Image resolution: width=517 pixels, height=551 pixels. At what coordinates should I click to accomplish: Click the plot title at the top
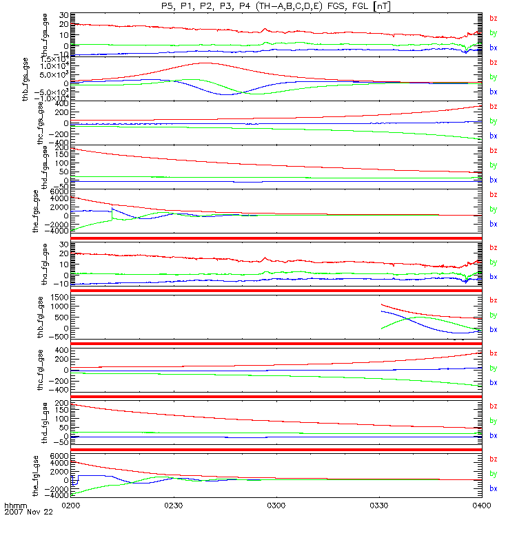tap(276, 6)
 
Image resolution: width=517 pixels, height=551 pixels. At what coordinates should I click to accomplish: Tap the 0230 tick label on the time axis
tap(174, 505)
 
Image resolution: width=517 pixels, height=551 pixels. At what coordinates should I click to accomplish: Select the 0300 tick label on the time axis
tap(276, 505)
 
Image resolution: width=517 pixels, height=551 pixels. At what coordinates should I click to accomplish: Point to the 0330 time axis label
tap(379, 505)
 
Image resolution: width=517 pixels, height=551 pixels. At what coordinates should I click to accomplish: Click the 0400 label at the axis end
tap(480, 505)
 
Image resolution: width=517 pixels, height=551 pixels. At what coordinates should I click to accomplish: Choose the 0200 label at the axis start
tap(72, 505)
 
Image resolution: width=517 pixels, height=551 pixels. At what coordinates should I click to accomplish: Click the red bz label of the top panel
tap(493, 19)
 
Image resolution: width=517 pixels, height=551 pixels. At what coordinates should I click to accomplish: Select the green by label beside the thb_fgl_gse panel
tap(493, 315)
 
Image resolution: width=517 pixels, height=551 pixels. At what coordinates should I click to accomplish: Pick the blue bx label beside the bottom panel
tap(493, 488)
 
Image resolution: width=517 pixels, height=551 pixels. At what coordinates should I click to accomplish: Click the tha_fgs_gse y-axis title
tap(45, 34)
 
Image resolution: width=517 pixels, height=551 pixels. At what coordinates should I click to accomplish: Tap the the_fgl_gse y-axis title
tap(45, 475)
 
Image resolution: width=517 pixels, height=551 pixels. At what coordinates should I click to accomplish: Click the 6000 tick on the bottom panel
tap(59, 456)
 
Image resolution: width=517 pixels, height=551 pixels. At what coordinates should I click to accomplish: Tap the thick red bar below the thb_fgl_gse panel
tap(276, 344)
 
